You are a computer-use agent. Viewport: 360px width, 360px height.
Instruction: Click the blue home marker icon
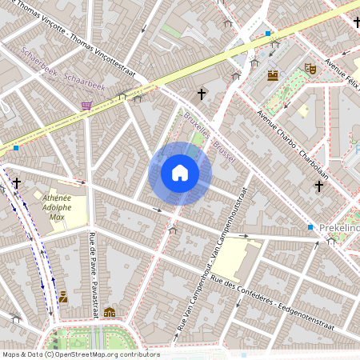(x=180, y=173)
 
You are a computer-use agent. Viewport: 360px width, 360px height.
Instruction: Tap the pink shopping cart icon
(x=86, y=105)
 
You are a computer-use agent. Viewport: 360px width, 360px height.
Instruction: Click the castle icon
(x=273, y=75)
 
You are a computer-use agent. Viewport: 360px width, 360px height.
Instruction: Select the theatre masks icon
(x=310, y=69)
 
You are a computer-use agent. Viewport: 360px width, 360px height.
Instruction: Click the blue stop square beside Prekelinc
(x=310, y=228)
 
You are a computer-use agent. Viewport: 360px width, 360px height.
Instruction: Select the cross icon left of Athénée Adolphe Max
(x=17, y=183)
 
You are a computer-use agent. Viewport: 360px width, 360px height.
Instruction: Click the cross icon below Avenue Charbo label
(x=318, y=186)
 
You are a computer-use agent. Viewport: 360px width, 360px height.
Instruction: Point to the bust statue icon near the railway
(x=63, y=297)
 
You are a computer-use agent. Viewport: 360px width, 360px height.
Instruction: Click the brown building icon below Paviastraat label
(x=110, y=312)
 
